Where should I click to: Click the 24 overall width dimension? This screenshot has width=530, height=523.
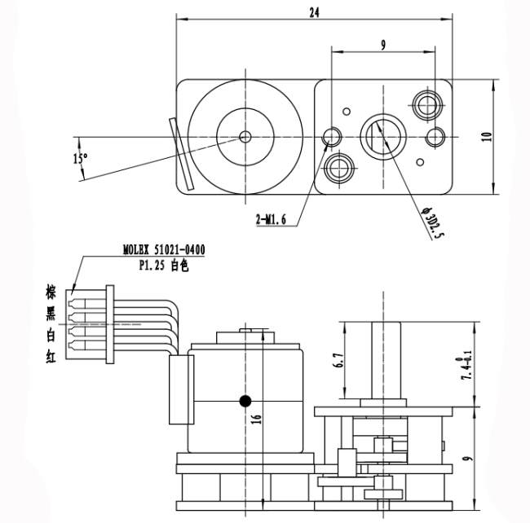pos(314,11)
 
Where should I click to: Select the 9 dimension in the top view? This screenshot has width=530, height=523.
pos(382,46)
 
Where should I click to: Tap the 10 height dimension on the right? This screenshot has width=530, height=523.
pos(487,136)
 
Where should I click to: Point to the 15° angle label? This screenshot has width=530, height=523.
pos(80,159)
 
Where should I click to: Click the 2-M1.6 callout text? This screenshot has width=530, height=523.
pos(270,220)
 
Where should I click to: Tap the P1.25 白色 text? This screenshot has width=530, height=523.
pos(159,265)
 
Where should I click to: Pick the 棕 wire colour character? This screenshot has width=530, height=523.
pos(51,292)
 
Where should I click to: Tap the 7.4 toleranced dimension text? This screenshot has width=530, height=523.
pos(466,366)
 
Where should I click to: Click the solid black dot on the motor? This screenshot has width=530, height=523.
pos(245,400)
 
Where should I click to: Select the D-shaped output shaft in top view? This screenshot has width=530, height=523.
pos(382,133)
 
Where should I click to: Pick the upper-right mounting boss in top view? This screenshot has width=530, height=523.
pos(426,103)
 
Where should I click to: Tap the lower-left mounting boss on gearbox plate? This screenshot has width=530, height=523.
pos(338,169)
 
